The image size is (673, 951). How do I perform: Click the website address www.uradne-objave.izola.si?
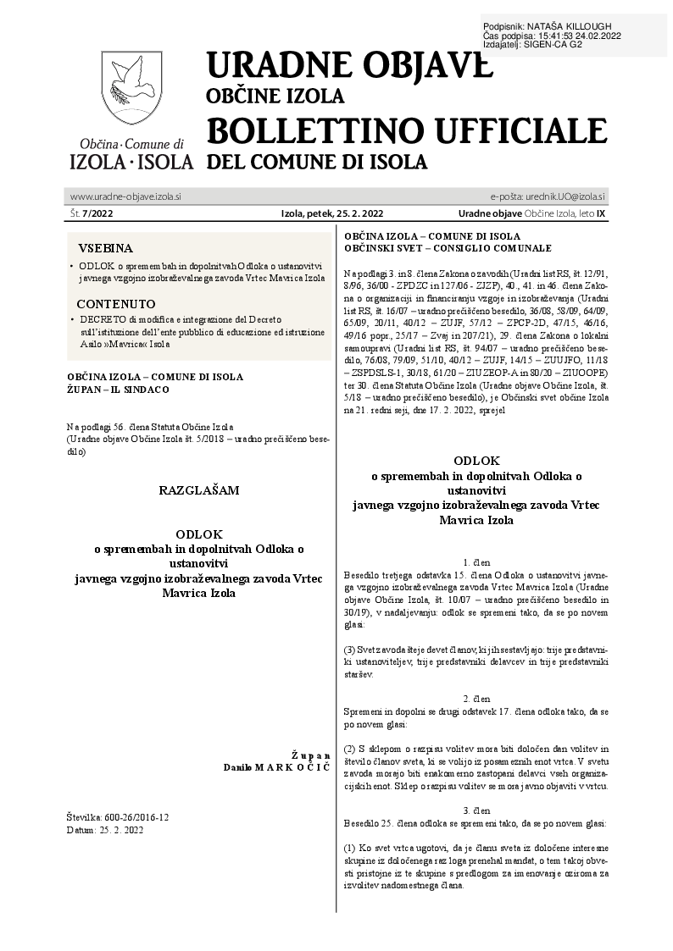click(x=125, y=196)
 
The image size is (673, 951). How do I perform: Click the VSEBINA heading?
click(x=106, y=249)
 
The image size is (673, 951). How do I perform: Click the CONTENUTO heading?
click(x=116, y=303)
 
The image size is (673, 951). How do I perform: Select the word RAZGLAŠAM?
click(x=199, y=489)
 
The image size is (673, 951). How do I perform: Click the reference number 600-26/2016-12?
click(x=131, y=817)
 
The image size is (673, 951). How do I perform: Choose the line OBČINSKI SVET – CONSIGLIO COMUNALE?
click(x=448, y=248)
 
